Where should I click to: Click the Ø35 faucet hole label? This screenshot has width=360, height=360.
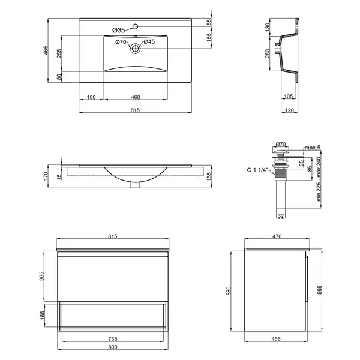coord(118,30)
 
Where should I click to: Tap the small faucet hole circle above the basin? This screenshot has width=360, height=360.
coord(135,26)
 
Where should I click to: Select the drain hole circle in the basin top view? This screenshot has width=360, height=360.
coord(135,49)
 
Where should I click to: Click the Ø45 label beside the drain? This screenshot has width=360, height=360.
coord(149,41)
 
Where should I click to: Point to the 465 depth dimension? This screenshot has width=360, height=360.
coord(46,50)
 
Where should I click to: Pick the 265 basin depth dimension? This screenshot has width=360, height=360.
coord(59,53)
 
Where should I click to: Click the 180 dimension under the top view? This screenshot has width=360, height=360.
coord(91,97)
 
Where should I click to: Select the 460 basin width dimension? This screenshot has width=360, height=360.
coord(136,97)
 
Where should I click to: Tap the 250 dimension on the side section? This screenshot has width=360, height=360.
coord(268,53)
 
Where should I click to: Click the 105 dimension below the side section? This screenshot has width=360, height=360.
coord(289,96)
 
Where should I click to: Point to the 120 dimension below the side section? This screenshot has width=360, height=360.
coord(289,110)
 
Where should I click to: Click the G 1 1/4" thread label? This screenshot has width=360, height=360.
coord(257,170)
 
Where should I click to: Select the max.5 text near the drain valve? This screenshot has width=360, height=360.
coord(312,148)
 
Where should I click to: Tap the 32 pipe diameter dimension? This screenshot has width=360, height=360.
coord(281,216)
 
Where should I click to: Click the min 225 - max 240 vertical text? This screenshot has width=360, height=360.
coord(319,179)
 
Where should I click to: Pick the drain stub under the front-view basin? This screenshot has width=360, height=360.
coord(135,185)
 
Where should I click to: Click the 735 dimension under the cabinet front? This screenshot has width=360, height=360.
coord(113,339)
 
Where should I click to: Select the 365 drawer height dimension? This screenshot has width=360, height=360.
coord(41,276)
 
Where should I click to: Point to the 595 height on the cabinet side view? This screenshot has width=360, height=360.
coord(320,290)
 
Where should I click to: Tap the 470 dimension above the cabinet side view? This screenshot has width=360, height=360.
coord(277,236)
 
